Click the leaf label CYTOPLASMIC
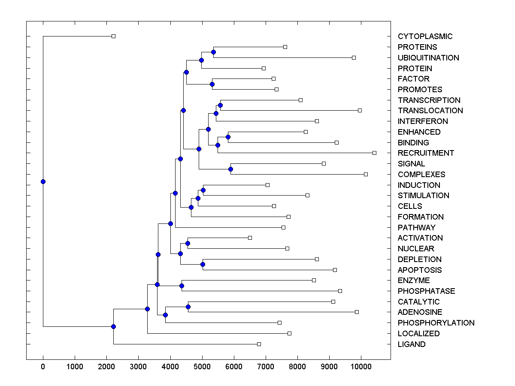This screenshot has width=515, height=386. click(x=425, y=36)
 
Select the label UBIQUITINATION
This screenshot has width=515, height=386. click(x=428, y=58)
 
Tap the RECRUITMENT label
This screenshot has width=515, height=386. click(x=426, y=153)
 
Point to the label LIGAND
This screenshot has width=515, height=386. click(x=412, y=344)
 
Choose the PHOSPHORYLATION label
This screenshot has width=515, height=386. click(x=436, y=323)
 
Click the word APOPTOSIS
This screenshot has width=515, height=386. click(x=420, y=270)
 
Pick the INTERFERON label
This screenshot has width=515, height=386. click(x=423, y=121)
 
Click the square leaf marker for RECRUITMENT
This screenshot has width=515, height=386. click(x=374, y=153)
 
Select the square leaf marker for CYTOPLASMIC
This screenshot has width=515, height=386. click(x=113, y=36)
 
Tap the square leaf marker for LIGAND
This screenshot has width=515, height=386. click(x=259, y=344)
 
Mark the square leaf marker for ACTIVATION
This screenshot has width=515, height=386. click(x=250, y=238)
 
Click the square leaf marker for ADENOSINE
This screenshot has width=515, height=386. click(x=357, y=312)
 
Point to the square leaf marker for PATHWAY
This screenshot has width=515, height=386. click(x=283, y=227)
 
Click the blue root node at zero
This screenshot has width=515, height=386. click(x=43, y=181)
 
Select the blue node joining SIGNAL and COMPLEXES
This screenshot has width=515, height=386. click(x=230, y=169)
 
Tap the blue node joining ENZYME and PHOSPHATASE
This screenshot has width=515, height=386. click(x=182, y=286)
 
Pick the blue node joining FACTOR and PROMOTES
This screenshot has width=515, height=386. click(x=212, y=84)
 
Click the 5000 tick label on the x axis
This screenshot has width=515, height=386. click(x=202, y=366)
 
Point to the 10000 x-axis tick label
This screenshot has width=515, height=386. click(x=361, y=366)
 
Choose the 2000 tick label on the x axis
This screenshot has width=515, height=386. click(x=106, y=366)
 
